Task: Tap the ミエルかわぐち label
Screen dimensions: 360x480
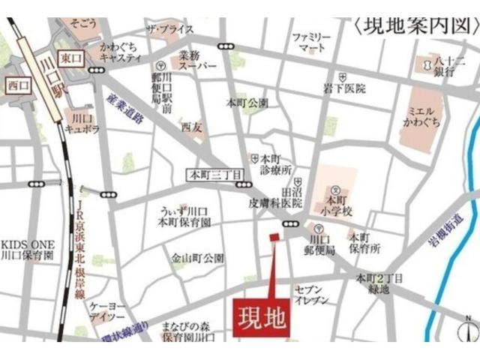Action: pos(424,115)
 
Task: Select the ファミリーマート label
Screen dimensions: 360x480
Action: pos(310,42)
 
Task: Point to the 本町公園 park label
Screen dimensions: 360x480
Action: pos(247,102)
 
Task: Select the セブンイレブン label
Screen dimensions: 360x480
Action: pos(311,294)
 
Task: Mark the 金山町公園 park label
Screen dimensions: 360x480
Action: pos(197,258)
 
